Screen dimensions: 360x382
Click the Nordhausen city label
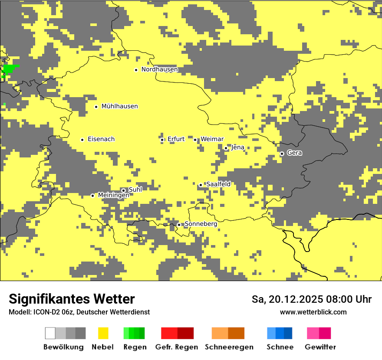(x=159, y=69)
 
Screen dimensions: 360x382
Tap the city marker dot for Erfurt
(x=162, y=140)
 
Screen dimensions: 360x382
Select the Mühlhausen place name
(x=119, y=106)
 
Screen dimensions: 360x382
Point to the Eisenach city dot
(x=82, y=140)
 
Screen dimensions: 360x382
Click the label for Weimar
(x=212, y=139)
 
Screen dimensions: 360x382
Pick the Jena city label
(x=237, y=147)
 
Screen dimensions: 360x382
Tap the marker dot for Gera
(x=282, y=154)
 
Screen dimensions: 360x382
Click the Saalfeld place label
(x=218, y=184)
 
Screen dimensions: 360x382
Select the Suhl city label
(x=135, y=190)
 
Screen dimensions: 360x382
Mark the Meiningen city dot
(x=92, y=196)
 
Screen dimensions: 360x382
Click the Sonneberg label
(x=201, y=224)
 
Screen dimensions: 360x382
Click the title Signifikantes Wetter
(x=72, y=299)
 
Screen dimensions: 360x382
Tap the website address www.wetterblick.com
(x=313, y=312)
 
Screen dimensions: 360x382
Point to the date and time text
(x=311, y=299)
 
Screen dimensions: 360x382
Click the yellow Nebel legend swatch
(x=103, y=333)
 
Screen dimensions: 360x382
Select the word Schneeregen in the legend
(x=229, y=347)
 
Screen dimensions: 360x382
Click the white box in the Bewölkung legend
(x=50, y=333)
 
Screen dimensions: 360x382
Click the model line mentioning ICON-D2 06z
(x=79, y=312)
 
